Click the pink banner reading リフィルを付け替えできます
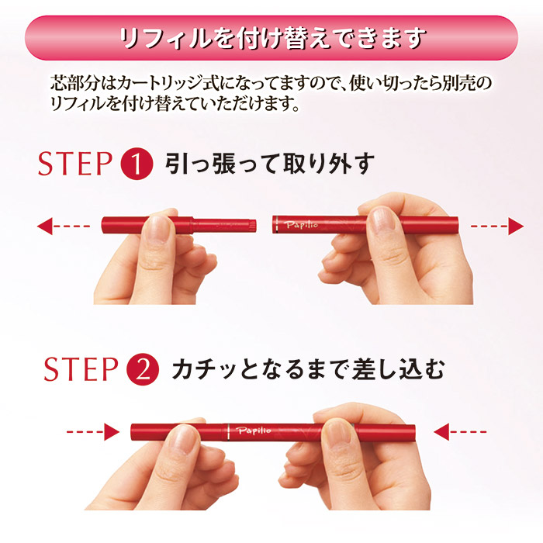pos(271,38)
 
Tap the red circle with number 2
pos(142,368)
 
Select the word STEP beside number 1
pos(76,164)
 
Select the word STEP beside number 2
pos(79,368)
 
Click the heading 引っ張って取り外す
pos(269,164)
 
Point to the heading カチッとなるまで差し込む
pos(309,368)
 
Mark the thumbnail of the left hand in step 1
pos(160,226)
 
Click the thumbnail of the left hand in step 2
pos(185,438)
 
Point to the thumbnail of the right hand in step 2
pos(339,431)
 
